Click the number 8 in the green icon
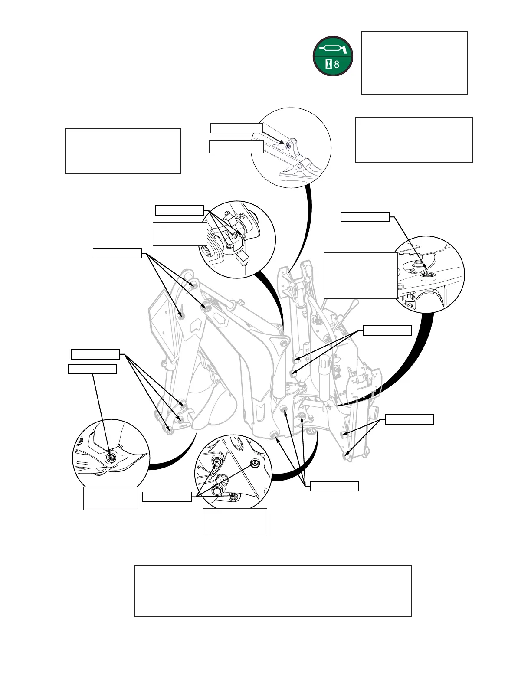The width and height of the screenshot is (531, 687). click(337, 65)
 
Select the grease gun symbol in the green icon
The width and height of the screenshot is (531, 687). click(333, 48)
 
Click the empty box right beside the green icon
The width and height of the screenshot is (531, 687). click(414, 62)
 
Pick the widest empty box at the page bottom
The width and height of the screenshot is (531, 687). click(272, 590)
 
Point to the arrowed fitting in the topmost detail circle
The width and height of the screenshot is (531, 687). click(287, 146)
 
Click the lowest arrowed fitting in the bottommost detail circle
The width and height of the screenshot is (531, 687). click(233, 496)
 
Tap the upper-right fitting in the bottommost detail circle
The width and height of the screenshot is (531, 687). click(255, 464)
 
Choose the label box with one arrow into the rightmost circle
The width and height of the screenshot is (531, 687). click(365, 217)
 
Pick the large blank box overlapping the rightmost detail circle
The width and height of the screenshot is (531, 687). click(361, 275)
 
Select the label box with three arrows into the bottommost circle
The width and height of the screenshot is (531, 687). click(167, 497)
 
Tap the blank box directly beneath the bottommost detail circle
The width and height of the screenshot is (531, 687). click(235, 522)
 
